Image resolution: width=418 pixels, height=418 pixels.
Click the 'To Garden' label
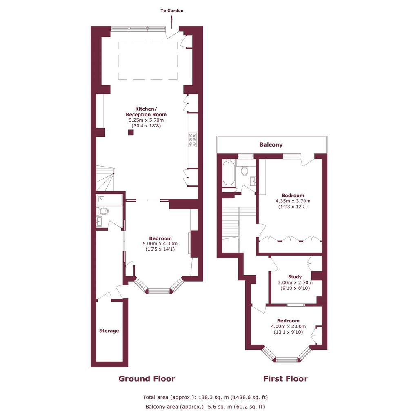[172, 11]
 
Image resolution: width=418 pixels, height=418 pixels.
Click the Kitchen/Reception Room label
[146, 112]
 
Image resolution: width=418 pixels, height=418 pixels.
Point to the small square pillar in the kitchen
[131, 132]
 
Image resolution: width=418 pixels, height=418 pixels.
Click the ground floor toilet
[103, 211]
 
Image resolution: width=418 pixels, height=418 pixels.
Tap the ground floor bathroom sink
[99, 222]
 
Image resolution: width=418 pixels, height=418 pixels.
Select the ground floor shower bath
[109, 200]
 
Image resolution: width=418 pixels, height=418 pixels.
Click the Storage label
[109, 331]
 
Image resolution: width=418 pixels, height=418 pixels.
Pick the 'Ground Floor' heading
[147, 378]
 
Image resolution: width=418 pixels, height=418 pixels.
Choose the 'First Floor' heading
[285, 378]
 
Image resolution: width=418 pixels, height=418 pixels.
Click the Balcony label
[271, 145]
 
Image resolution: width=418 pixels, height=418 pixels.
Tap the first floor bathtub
[229, 173]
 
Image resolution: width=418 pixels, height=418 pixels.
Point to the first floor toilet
[245, 170]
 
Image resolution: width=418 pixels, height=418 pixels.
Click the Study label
[295, 277]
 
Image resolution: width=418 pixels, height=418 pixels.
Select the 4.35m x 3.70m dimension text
[293, 201]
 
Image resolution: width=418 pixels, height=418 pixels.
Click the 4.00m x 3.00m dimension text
[289, 326]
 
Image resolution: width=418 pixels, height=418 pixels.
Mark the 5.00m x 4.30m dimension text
[160, 244]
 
